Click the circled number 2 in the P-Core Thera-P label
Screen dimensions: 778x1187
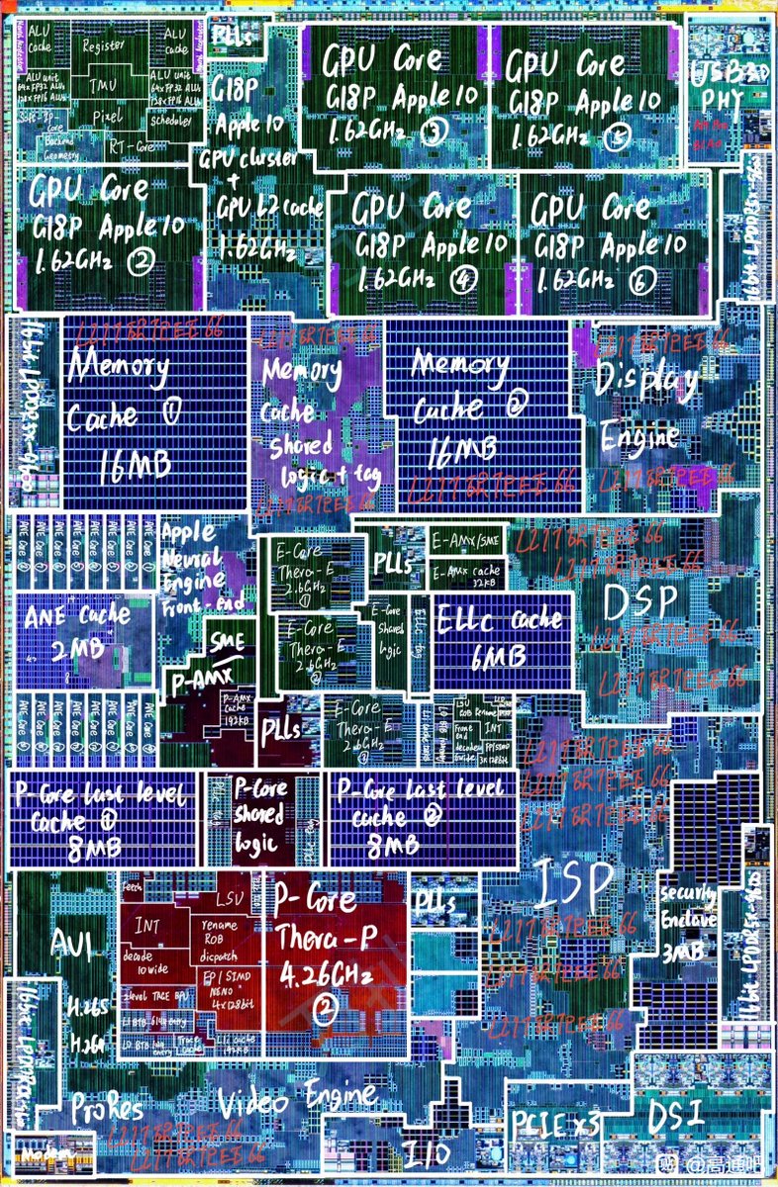tap(324, 1010)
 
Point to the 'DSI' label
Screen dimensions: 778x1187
tap(676, 1116)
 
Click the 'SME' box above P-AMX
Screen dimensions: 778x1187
tap(227, 643)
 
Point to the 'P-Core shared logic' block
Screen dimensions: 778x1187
tap(259, 817)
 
